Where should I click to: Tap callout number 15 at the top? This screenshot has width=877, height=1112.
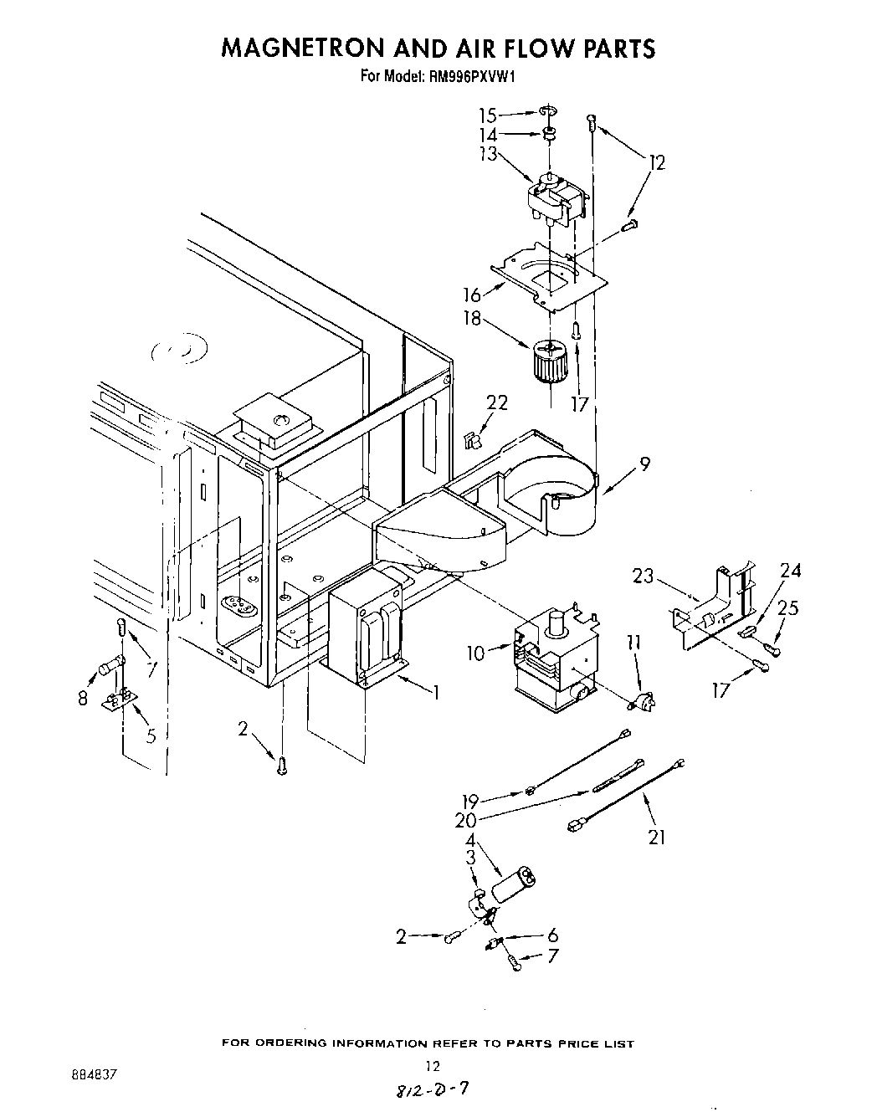tap(488, 115)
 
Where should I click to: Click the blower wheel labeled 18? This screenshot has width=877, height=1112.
tap(549, 361)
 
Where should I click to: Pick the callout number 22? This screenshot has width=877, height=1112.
tap(497, 403)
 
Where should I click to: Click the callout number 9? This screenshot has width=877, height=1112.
tap(645, 462)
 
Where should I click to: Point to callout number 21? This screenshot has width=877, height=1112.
tap(657, 836)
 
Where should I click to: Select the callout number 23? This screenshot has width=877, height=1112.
tap(643, 576)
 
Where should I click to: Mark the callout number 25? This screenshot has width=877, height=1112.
tap(788, 607)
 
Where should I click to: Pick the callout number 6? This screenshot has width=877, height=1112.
tap(552, 936)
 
